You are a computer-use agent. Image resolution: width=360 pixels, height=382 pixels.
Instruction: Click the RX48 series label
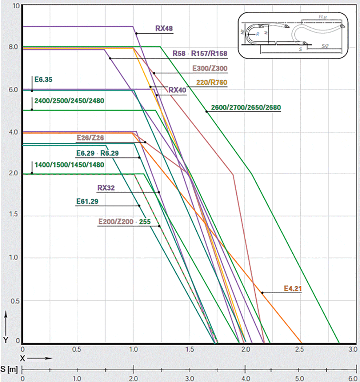point(164,28)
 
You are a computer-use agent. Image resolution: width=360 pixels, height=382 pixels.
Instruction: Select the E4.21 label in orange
point(293,288)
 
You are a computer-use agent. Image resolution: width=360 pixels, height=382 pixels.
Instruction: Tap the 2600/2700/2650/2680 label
point(246,107)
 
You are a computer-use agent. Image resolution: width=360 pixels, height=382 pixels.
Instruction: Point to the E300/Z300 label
point(210,68)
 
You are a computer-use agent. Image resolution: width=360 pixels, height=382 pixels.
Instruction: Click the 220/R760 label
point(212,82)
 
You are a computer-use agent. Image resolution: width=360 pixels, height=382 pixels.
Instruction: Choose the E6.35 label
point(43,79)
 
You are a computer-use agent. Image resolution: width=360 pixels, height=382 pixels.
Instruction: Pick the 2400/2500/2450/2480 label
point(69,101)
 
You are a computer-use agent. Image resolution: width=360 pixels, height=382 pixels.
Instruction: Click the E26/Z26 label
point(90,138)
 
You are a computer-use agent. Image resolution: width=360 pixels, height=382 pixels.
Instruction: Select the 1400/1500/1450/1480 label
point(69,165)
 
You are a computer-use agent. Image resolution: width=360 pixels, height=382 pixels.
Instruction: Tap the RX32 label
point(106,188)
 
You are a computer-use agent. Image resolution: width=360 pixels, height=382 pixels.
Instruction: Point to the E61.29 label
point(87,201)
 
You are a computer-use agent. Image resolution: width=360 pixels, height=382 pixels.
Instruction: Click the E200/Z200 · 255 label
point(124,222)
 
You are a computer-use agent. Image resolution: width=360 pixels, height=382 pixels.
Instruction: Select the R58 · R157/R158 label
point(200,54)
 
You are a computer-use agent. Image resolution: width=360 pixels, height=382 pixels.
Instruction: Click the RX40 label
point(177,90)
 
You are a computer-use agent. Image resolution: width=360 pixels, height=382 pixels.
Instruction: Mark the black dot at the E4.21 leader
point(262,293)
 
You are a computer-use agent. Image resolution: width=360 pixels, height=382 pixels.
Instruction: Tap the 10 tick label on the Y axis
point(16,6)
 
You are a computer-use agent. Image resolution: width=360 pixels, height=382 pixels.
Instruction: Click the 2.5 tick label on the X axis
point(299,349)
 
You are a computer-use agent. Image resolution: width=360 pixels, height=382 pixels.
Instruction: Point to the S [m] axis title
point(9,369)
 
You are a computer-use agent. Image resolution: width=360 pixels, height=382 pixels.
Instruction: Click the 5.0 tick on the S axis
point(299,378)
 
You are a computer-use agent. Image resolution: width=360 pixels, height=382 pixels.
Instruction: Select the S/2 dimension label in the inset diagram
point(325,46)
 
